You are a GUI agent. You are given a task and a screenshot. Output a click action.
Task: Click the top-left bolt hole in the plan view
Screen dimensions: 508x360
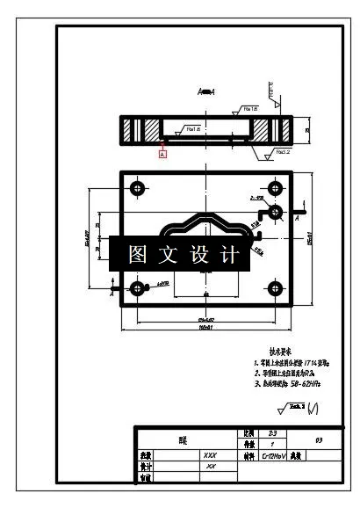[x=136, y=189]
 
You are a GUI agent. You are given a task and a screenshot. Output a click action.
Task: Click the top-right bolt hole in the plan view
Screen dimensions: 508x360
[x=276, y=189]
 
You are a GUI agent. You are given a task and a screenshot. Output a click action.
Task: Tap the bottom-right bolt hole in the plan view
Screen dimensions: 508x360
[x=276, y=288]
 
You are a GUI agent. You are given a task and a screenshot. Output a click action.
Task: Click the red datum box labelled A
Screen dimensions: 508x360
[x=162, y=152]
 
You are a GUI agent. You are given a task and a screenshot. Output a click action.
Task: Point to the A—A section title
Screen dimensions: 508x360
[x=207, y=91]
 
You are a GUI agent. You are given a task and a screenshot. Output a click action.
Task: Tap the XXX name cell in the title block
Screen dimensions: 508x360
[x=209, y=457]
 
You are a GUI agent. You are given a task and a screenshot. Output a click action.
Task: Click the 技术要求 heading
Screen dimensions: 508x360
[x=288, y=350]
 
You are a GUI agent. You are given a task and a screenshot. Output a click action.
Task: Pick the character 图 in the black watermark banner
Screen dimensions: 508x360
[x=137, y=256]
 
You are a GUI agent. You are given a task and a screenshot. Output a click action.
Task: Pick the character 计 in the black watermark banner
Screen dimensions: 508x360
[x=229, y=256]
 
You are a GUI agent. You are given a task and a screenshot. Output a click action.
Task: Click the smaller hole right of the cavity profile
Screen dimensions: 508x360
[x=276, y=212]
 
